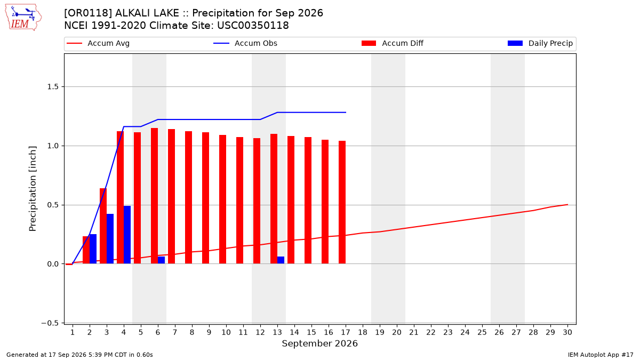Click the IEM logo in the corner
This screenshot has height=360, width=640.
coord(23,18)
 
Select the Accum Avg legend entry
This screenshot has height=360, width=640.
coord(98,43)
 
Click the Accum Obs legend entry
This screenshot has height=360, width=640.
coord(245,43)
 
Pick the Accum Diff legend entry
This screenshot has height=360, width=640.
coord(393,43)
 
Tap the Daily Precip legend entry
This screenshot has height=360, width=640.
coord(540,43)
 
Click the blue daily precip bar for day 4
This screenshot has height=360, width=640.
coord(127,235)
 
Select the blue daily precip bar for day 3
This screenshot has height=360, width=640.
coord(110,239)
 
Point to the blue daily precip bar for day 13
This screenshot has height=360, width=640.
coord(281,260)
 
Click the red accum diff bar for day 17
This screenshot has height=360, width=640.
coord(342,202)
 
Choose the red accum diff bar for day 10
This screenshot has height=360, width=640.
coord(222,199)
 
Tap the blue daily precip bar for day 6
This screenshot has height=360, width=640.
coord(161,260)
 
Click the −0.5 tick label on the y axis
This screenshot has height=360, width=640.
coord(50,323)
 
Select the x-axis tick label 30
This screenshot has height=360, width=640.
coord(567,333)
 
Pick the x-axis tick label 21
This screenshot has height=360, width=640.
coord(414,333)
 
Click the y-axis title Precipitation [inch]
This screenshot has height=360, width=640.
coord(33,189)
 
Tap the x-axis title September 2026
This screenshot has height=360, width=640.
coord(319,343)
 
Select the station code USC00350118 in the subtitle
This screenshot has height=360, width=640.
coord(253,26)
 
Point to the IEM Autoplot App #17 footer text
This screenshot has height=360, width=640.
coord(601,355)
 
